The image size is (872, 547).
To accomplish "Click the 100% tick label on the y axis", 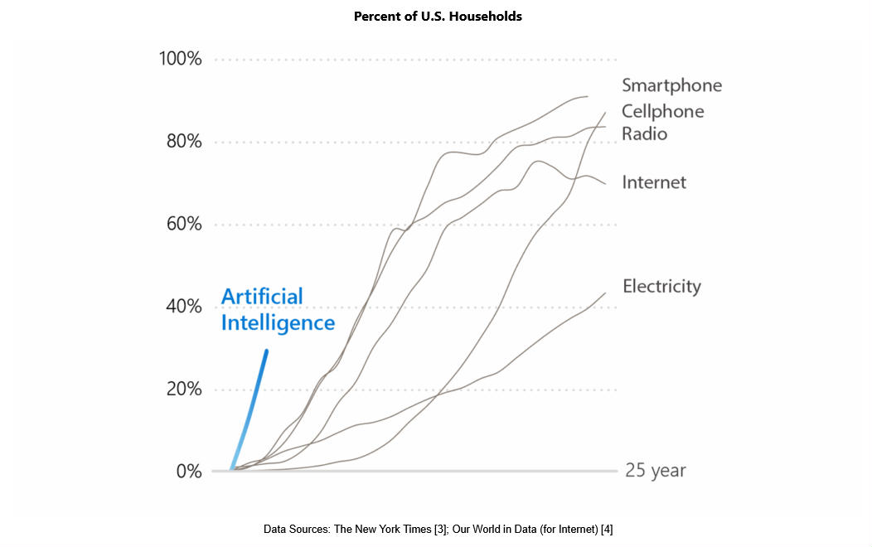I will pos(180,60).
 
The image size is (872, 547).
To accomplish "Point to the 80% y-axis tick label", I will pos(183,142).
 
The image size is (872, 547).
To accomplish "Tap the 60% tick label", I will pos(183,225).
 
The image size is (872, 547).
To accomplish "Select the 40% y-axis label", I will pos(183,307).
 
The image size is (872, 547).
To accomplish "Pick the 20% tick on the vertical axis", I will pos(183,389).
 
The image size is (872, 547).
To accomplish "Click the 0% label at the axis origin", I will pos(188,471).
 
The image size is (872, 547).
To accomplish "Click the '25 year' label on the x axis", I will pos(655,471).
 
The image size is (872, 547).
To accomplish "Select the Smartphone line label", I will pos(671,85).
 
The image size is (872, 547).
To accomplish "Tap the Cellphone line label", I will pos(662,111).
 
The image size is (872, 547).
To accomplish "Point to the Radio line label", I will pos(644,133).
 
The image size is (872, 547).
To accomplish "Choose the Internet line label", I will pos(654,182).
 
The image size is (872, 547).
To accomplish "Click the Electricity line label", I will pos(661,287).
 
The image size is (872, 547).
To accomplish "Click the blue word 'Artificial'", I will pos(262,297).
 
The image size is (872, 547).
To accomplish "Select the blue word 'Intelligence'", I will pos(278,322).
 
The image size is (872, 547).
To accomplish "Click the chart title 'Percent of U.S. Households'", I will pos(438,16).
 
